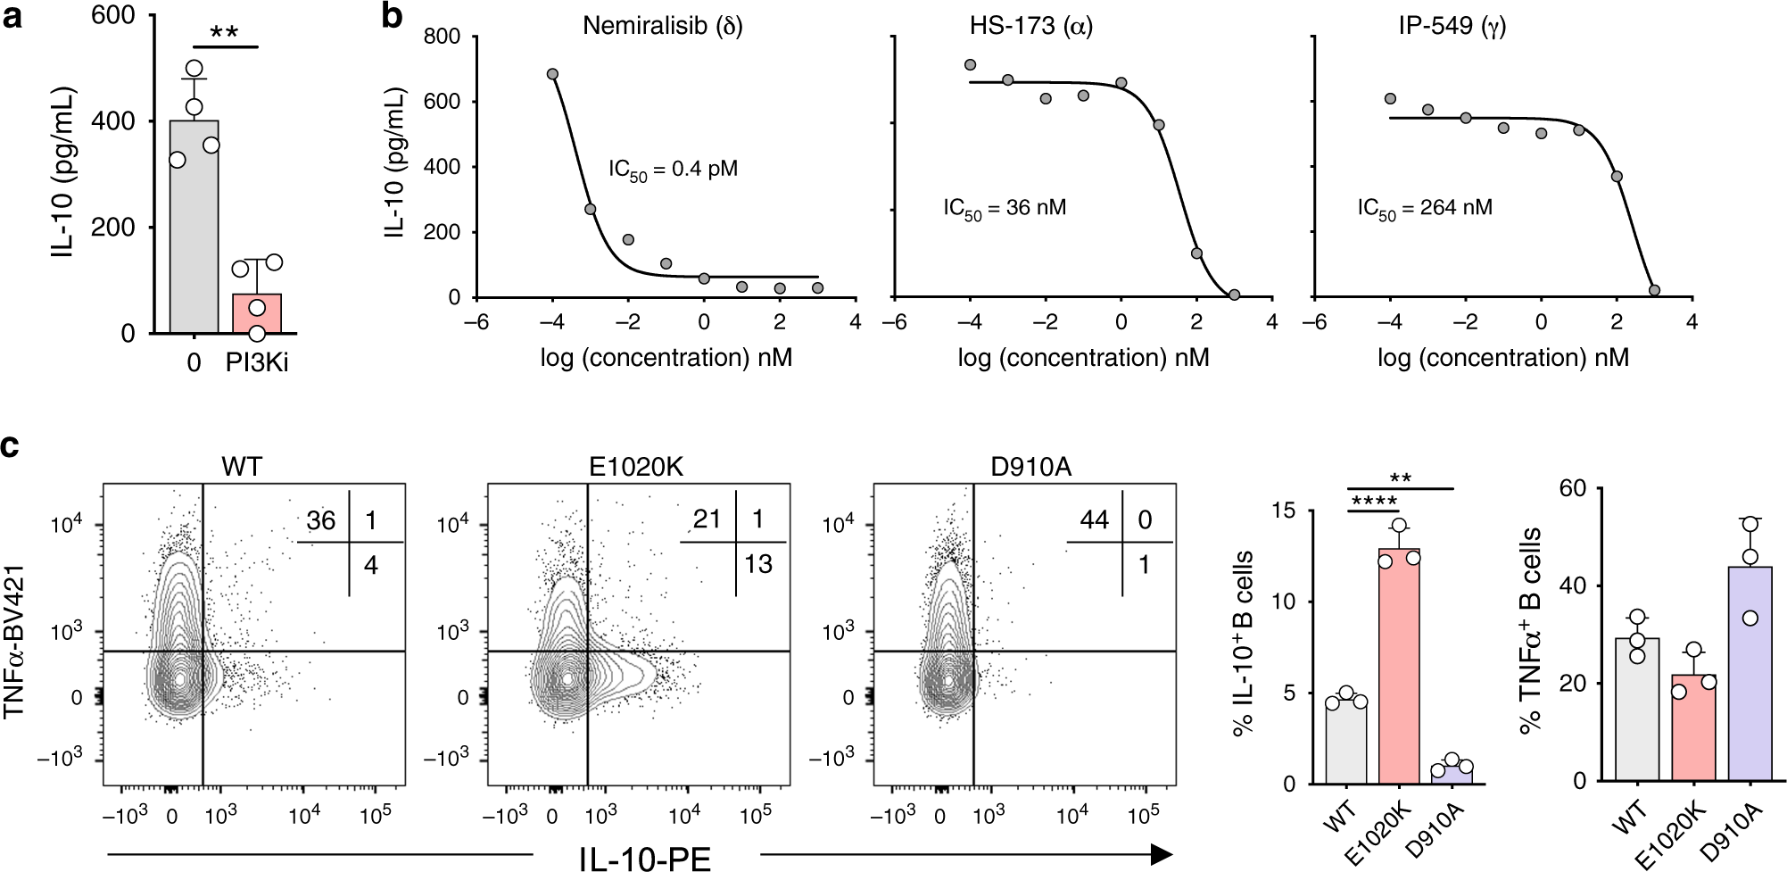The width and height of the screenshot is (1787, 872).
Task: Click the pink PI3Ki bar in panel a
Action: [x=257, y=314]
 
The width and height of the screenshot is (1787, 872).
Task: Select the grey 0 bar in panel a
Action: [x=194, y=228]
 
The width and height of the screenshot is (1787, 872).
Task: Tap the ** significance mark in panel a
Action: [x=224, y=34]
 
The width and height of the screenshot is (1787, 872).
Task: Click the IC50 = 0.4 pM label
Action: [x=673, y=170]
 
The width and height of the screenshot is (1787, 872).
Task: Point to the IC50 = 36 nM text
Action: [x=1005, y=209]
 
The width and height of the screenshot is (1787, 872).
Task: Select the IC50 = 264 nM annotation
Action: [x=1424, y=209]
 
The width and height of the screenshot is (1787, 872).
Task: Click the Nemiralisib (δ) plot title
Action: [x=662, y=25]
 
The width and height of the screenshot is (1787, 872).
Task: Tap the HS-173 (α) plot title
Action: [x=1030, y=25]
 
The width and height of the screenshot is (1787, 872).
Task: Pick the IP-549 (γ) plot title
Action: [x=1452, y=25]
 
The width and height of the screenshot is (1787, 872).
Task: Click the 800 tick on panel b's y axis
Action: [x=442, y=37]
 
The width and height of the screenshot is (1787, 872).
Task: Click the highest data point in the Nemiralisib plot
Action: [x=552, y=74]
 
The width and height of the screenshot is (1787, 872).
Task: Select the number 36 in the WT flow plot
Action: [x=320, y=520]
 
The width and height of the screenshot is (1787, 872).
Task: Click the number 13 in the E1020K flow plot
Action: [x=757, y=564]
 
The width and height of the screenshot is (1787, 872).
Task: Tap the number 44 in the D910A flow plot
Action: [x=1094, y=519]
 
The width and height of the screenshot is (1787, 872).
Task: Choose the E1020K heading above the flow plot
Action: [x=636, y=466]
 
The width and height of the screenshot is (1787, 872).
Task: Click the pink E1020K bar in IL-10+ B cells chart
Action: [x=1398, y=669]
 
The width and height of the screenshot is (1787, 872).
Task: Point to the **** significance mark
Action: [x=1374, y=502]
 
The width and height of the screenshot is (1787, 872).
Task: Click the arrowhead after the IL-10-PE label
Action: [x=1161, y=855]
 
